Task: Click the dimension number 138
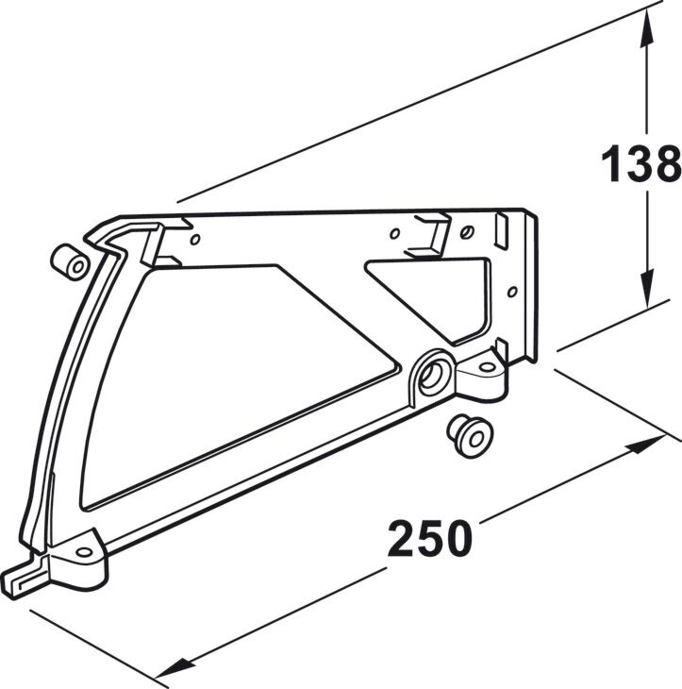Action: [640, 163]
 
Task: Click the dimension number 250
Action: [429, 538]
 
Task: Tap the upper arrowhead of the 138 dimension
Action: [646, 27]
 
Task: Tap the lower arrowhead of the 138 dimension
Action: [646, 290]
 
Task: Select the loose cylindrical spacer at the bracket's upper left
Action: [70, 261]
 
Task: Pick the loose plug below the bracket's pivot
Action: [470, 436]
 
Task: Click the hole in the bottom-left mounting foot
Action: [84, 551]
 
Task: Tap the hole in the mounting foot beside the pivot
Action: [486, 366]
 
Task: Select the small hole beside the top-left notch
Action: [195, 240]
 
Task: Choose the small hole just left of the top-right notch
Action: [395, 234]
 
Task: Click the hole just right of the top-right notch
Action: [467, 231]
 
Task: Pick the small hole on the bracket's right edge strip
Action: [512, 292]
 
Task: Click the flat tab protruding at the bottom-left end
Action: [22, 579]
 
